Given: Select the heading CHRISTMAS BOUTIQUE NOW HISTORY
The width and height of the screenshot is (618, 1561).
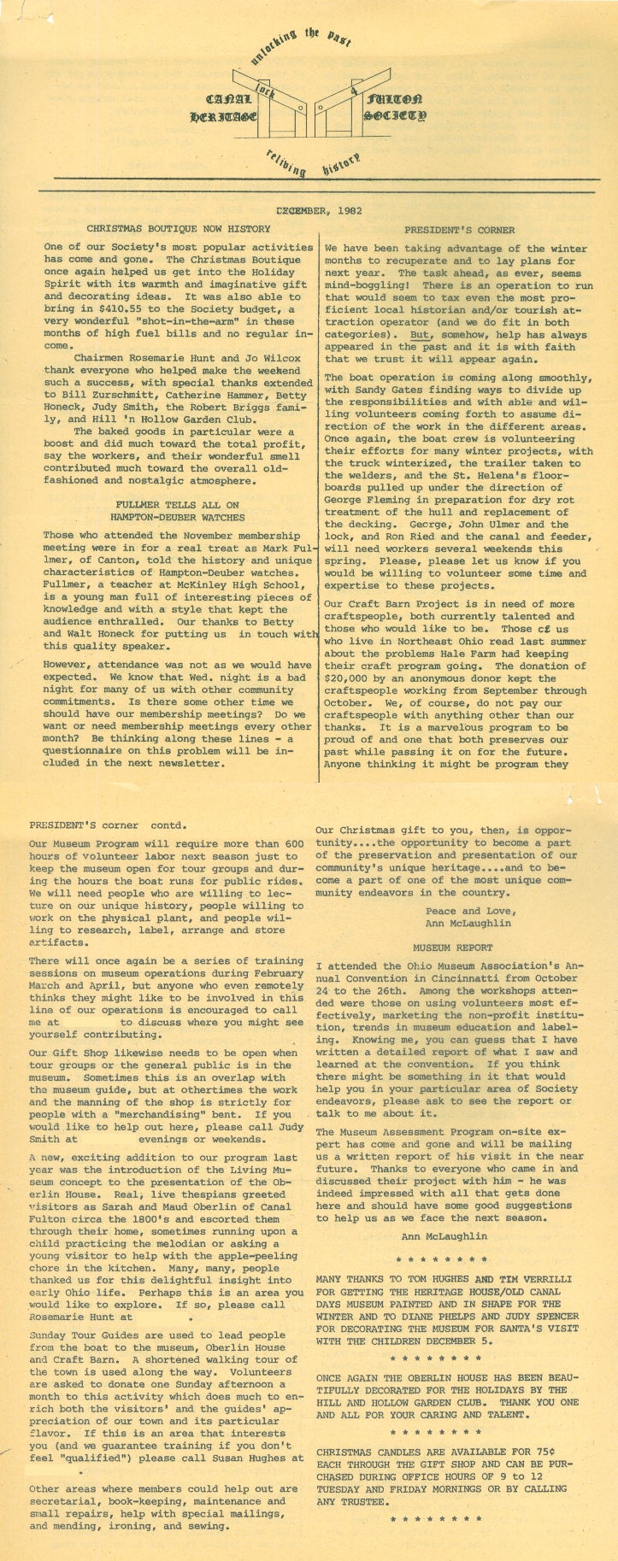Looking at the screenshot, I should (x=179, y=229).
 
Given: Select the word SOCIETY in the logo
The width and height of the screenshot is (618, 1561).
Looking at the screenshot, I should (x=394, y=114).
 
